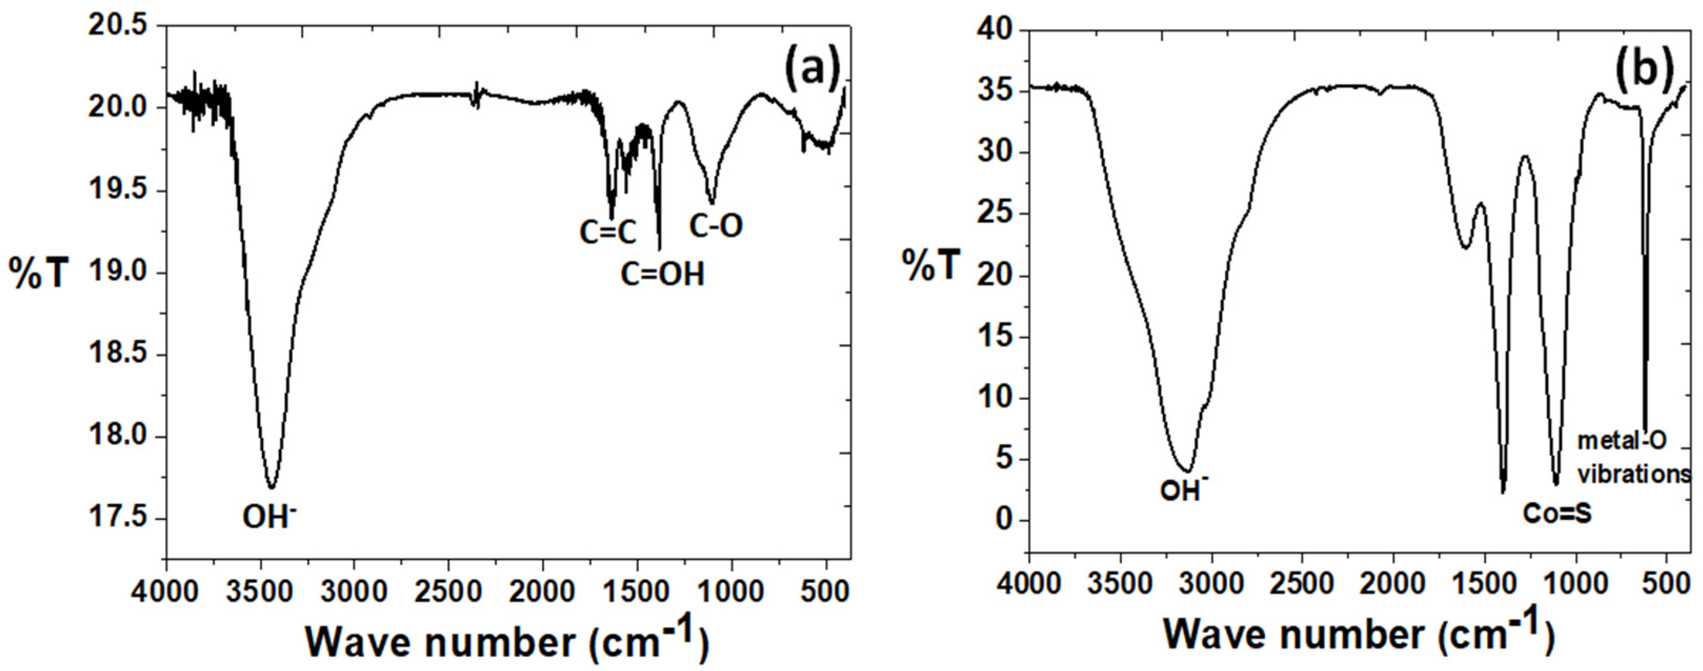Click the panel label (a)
point(811,72)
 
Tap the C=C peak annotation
point(608,232)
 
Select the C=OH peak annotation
point(662,274)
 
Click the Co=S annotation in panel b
point(1557,514)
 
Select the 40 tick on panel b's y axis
point(995,31)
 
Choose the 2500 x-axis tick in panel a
point(448,591)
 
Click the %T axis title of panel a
point(38,273)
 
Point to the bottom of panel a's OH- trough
point(271,487)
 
